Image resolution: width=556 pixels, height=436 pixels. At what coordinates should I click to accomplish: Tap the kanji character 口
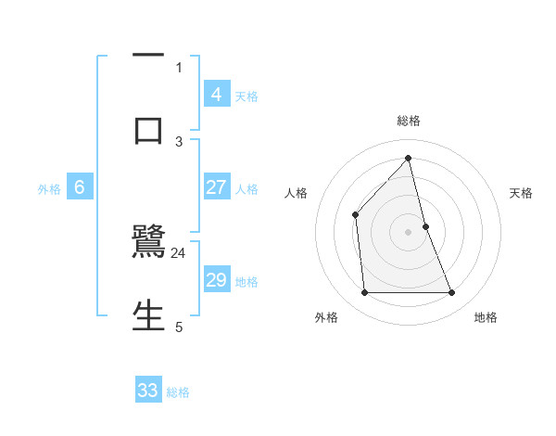[148, 130]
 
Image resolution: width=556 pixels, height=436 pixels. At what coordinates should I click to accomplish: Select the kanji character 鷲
[148, 243]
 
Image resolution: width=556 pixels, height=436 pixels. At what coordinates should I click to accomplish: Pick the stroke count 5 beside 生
[179, 326]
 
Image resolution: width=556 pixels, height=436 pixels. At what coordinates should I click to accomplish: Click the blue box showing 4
[216, 94]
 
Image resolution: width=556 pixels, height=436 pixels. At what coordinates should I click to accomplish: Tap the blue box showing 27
[216, 187]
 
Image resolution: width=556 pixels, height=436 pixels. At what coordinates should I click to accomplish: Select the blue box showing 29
[216, 280]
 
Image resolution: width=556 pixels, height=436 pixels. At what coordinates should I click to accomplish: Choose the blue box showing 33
[148, 391]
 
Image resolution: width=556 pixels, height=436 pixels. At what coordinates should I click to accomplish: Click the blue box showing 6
[80, 187]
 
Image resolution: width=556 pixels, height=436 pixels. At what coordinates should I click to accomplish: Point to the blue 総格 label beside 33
[178, 392]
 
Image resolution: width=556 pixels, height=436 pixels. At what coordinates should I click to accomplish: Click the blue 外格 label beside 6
[49, 189]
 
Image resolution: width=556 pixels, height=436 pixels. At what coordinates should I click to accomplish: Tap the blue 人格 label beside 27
[246, 189]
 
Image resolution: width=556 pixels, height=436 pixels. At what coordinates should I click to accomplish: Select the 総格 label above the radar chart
[409, 121]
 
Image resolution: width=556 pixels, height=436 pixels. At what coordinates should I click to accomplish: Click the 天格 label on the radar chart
[521, 193]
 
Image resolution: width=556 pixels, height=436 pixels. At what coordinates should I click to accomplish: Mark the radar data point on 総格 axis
[409, 158]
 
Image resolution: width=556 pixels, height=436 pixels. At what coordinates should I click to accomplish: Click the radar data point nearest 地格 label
[452, 293]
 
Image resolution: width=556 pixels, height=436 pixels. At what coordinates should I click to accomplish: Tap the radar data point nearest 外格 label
[365, 293]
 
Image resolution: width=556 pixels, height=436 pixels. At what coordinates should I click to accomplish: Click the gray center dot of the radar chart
[409, 232]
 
